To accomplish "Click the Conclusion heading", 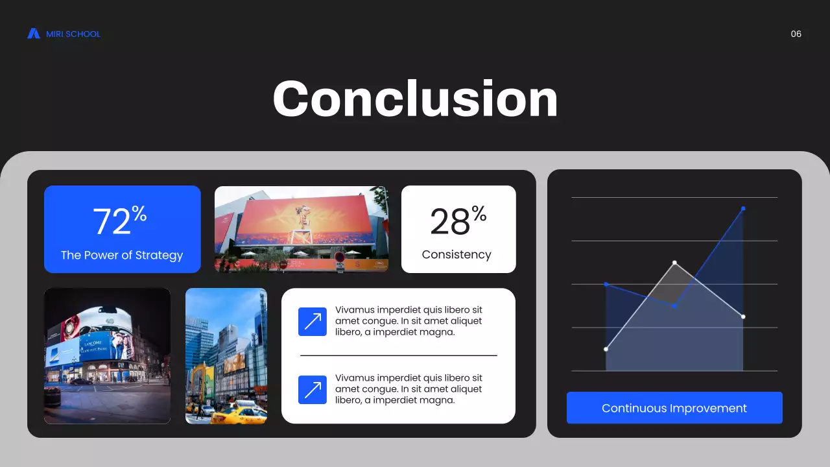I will [415, 99].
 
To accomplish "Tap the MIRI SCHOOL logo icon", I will [34, 34].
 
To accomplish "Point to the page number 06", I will [796, 34].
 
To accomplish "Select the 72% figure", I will [120, 221].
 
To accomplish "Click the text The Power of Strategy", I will [122, 255].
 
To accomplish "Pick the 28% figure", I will [458, 221].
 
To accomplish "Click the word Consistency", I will [456, 254].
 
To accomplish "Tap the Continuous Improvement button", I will [674, 408].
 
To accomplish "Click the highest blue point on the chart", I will [743, 208].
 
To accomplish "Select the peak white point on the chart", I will [674, 263].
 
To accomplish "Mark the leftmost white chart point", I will [606, 350].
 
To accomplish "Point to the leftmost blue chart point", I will [606, 284].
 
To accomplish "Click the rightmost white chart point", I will [743, 317].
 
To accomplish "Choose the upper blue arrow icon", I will [313, 322].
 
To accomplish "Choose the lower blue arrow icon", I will [313, 390].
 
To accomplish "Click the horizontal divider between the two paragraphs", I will [398, 355].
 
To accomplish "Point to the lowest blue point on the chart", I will [674, 305].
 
